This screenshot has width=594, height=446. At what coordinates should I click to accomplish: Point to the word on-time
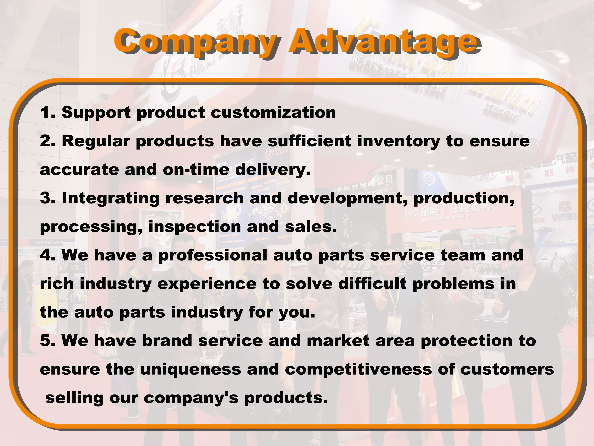tap(196, 170)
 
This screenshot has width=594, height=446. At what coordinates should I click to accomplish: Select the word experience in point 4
tap(207, 284)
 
